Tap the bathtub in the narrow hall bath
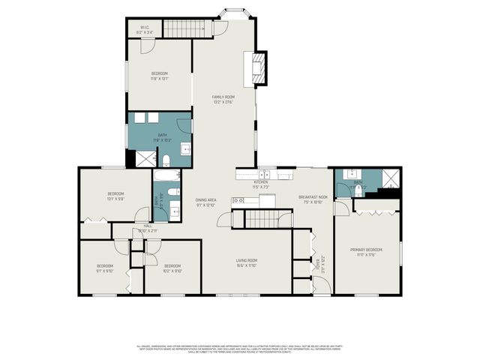pos(166,177)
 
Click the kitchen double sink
pos(265,175)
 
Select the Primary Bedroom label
pos(367,251)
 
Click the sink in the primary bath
pos(352,174)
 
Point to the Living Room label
pos(247,262)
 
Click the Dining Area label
pos(206,201)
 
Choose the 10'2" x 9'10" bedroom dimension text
pos(172,271)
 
